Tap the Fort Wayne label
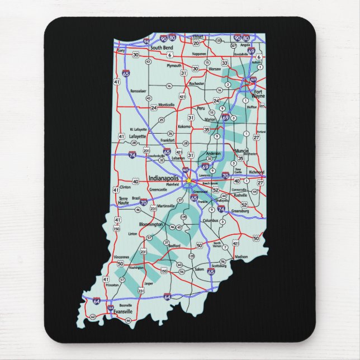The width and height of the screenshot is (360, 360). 258,93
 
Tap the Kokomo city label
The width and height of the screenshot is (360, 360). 184,126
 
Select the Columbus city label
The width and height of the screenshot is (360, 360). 210,221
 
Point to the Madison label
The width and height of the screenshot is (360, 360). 241,257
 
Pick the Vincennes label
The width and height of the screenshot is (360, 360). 122,257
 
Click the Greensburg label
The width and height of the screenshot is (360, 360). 240,212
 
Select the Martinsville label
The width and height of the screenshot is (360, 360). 166,206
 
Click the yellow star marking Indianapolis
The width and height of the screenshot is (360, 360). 190,181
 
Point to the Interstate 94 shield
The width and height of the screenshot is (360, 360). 146,41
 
